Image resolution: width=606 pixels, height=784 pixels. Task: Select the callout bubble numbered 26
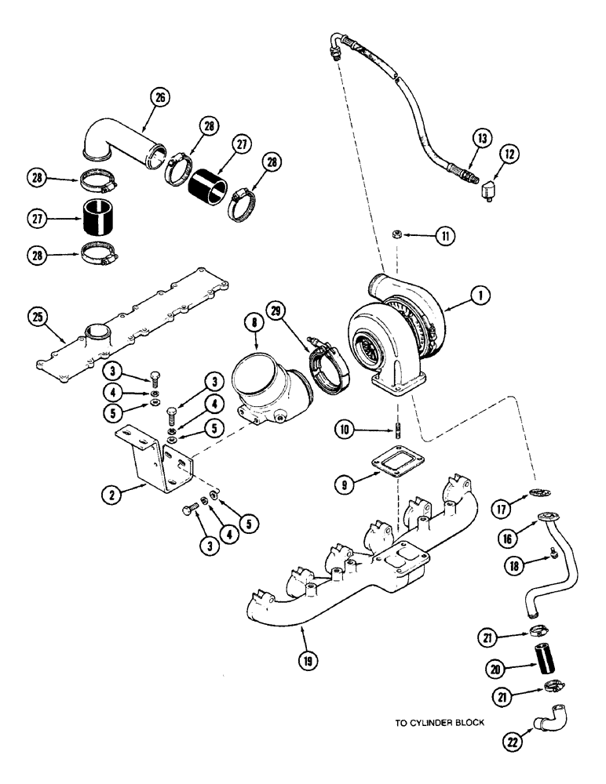tap(162, 99)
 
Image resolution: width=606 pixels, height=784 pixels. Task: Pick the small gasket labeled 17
tap(537, 492)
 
